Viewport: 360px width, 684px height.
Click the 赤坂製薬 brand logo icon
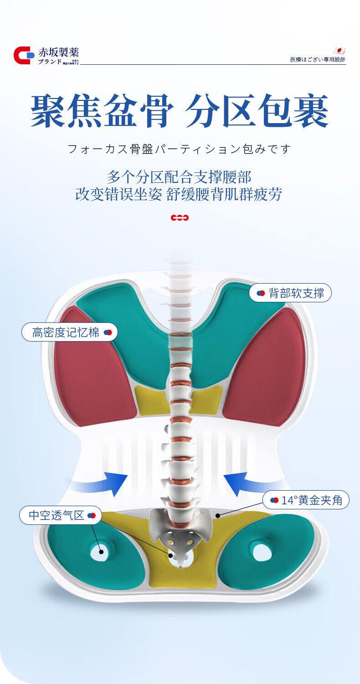(24, 55)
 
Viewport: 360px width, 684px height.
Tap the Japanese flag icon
(339, 51)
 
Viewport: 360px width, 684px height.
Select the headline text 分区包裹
(257, 111)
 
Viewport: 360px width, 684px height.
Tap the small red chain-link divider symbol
(180, 218)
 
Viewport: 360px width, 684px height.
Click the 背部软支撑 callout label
(290, 293)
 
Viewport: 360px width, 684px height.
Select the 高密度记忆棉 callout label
(70, 332)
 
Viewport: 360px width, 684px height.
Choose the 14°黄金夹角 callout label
(306, 500)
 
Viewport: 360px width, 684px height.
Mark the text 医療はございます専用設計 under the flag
(318, 60)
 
